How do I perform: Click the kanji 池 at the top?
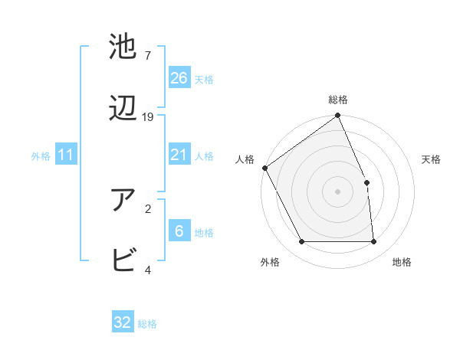click(x=123, y=47)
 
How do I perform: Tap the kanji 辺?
click(x=123, y=111)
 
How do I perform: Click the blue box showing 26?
click(x=179, y=78)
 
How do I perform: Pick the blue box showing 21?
click(x=179, y=155)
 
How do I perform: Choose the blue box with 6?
click(x=179, y=231)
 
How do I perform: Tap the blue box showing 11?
click(x=65, y=155)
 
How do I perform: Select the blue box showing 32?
click(x=123, y=322)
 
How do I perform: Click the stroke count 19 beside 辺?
click(x=148, y=117)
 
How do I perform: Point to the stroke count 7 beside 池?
click(x=148, y=55)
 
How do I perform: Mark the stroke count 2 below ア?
click(x=148, y=207)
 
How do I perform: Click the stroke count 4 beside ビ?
click(x=148, y=270)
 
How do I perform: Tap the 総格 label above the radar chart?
click(x=338, y=100)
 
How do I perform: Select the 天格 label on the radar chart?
click(x=431, y=159)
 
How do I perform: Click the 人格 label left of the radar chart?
click(x=245, y=159)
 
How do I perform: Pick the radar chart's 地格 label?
click(x=402, y=262)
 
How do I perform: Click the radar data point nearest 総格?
click(x=338, y=116)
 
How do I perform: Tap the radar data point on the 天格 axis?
click(x=366, y=182)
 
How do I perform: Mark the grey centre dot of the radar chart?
click(x=338, y=191)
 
